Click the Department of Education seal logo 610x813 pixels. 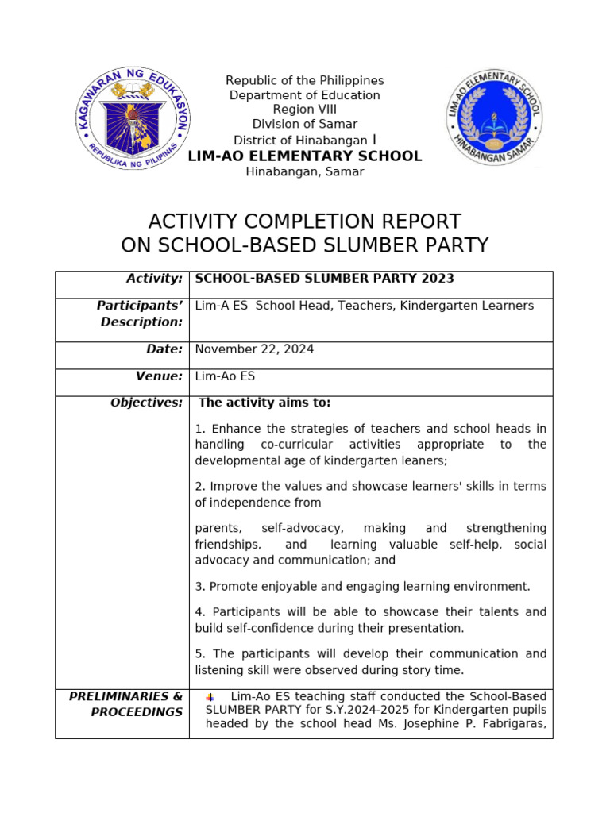point(135,120)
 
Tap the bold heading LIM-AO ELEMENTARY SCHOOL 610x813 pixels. point(304,156)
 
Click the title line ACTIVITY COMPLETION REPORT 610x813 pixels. point(304,221)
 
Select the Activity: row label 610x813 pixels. point(155,278)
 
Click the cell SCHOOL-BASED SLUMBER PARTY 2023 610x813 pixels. point(325,278)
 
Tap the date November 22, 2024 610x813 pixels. point(254,349)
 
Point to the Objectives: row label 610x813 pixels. point(147,403)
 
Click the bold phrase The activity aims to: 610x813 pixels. point(264,403)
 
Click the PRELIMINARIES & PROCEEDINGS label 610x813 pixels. point(126,704)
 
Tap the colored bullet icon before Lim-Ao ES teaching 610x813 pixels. point(210,697)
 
